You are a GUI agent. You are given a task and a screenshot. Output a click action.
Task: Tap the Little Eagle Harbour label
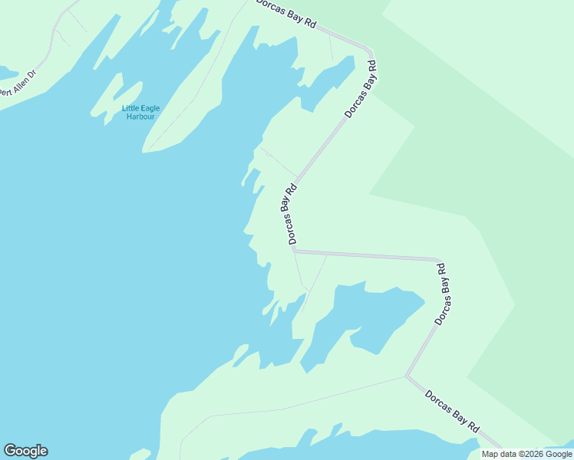coord(141,112)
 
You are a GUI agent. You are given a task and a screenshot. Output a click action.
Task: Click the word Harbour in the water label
coord(141,117)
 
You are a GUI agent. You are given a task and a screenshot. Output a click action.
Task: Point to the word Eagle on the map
coord(150,108)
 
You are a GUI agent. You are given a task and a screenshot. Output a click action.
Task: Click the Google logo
coord(25,450)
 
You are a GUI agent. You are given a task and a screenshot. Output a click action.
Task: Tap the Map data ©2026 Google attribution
coord(527,454)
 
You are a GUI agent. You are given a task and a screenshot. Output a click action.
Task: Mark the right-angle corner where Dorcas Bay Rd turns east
coord(295,250)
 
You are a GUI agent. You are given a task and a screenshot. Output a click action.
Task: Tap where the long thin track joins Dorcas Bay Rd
coord(405,376)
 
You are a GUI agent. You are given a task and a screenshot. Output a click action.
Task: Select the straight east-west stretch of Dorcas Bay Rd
coord(365,255)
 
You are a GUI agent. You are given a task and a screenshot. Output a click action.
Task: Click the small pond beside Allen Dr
coord(8,73)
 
